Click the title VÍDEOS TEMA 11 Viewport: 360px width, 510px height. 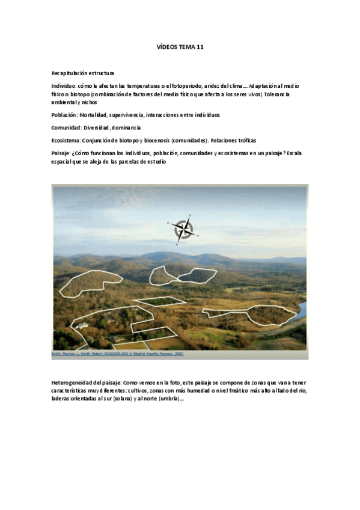pos(179,47)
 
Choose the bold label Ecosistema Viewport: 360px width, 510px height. pos(66,140)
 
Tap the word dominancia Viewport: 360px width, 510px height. pos(126,127)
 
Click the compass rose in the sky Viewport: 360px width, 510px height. pos(183,228)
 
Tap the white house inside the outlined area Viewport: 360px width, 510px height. pos(82,325)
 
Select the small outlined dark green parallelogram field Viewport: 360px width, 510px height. pos(160,301)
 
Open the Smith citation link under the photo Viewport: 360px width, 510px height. pos(118,354)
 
